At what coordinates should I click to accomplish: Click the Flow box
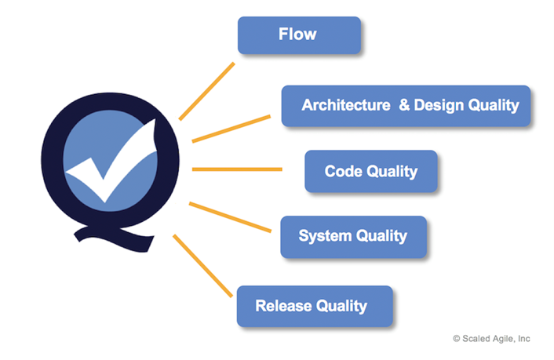click(x=299, y=35)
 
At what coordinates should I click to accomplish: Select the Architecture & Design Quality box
click(x=406, y=105)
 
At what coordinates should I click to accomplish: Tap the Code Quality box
click(x=370, y=171)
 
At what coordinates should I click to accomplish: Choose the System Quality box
click(x=353, y=236)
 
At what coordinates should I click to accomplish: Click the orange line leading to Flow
click(x=207, y=90)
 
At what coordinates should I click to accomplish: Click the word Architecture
click(x=341, y=105)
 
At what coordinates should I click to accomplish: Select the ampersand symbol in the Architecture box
click(x=404, y=105)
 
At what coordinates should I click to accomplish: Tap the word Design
click(x=436, y=105)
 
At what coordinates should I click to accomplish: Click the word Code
click(x=343, y=171)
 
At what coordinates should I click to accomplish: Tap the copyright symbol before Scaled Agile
click(x=457, y=338)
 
